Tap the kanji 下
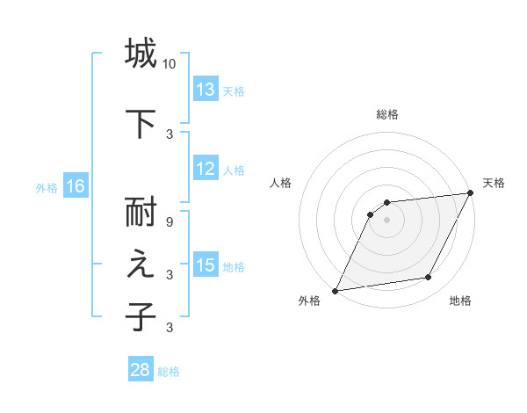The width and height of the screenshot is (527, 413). (x=141, y=121)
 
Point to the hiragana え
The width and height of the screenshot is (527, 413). (x=141, y=267)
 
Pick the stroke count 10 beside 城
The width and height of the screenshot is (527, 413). (x=170, y=64)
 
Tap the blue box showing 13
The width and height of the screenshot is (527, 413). (x=206, y=90)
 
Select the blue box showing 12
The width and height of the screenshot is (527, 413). (x=206, y=170)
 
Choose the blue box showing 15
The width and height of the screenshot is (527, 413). (x=206, y=265)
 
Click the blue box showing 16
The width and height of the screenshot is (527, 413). (x=75, y=186)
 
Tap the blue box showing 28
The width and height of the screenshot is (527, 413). (x=141, y=370)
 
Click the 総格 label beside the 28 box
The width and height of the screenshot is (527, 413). (x=169, y=372)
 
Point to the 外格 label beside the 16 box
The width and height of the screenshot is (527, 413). (x=47, y=187)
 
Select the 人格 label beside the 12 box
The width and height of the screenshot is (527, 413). (x=234, y=170)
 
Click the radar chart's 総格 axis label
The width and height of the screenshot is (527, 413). (x=387, y=114)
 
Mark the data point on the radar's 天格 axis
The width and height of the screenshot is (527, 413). (x=471, y=193)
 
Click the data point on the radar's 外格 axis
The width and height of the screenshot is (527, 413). (x=335, y=290)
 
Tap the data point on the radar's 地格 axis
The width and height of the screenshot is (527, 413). (x=429, y=278)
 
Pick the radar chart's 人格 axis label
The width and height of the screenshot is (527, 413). (x=281, y=183)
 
